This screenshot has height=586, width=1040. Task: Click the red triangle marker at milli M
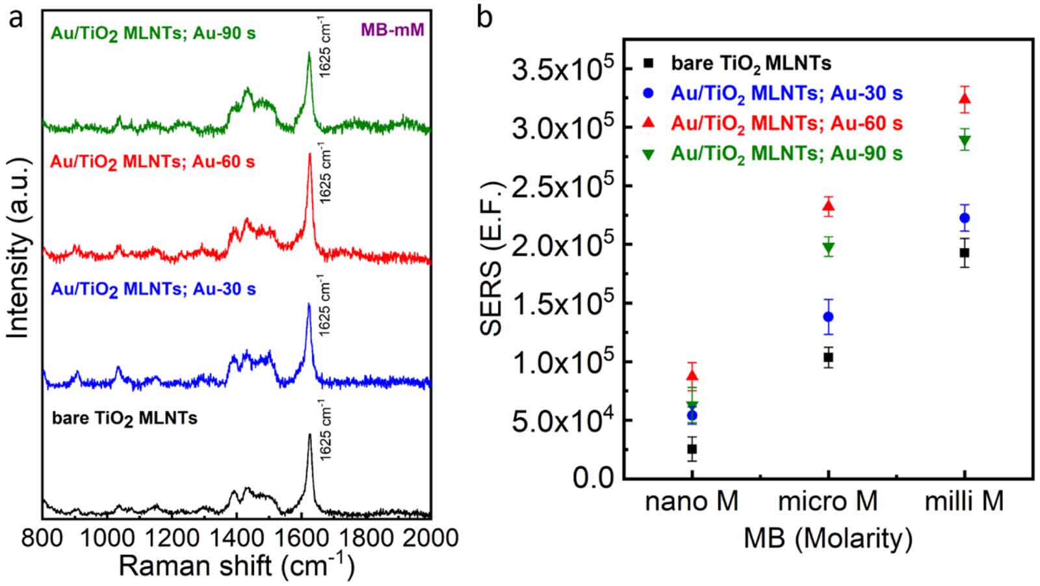point(965,99)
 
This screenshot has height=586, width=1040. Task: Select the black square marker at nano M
point(692,449)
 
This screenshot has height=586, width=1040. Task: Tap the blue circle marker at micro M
point(828,317)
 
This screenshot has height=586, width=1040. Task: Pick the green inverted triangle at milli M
point(965,140)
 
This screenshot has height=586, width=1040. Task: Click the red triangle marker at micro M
point(828,207)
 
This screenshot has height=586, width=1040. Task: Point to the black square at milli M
point(965,252)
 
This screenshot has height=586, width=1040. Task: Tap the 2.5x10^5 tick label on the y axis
point(562,187)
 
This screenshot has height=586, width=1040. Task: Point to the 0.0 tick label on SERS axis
point(593,478)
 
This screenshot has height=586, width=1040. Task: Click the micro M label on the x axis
point(827,501)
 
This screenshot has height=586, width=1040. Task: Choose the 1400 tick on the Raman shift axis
point(237,538)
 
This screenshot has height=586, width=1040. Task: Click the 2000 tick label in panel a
point(430,538)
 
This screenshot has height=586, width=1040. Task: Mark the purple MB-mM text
point(392,30)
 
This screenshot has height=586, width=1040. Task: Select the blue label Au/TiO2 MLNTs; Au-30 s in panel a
point(153,289)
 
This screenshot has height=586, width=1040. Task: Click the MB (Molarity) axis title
point(827,539)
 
